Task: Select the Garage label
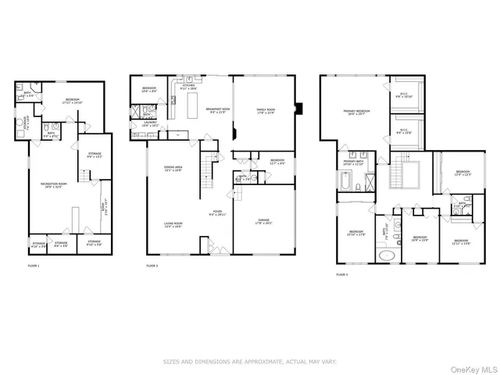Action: pos(265,221)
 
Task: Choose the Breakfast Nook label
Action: pos(217,111)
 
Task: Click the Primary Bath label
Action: pos(355,163)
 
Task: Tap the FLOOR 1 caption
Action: pos(34,266)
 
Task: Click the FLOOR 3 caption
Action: pos(341,274)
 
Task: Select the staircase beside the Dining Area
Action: pos(209,166)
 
